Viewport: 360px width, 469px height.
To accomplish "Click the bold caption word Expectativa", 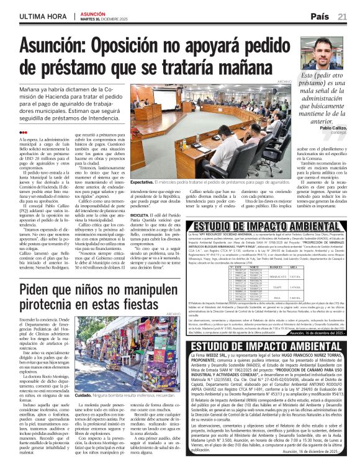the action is tap(143, 182).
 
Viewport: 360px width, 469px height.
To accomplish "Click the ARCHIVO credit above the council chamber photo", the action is tap(284, 81).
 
